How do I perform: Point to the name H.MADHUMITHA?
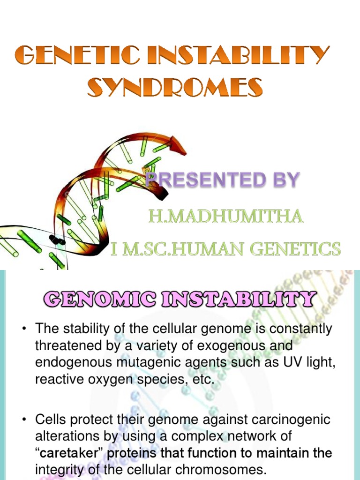click(225, 217)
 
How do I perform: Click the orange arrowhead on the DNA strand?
click(178, 146)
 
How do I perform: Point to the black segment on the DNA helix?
click(58, 240)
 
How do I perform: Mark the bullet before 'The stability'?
click(24, 330)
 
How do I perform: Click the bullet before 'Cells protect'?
click(24, 420)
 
